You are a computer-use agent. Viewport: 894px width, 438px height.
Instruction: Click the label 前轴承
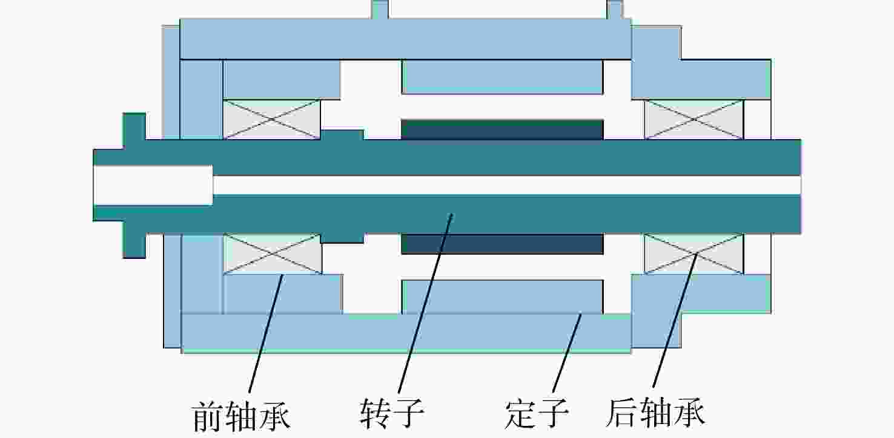[x=242, y=416]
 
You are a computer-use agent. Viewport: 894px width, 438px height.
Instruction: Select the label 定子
[x=536, y=414]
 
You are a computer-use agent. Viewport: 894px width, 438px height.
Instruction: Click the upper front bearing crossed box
[x=272, y=119]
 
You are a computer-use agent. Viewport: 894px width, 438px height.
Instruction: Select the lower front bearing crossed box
[x=273, y=254]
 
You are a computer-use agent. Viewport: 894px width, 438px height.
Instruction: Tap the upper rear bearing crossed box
[x=694, y=119]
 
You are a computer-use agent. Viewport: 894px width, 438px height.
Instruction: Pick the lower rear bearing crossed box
[x=694, y=254]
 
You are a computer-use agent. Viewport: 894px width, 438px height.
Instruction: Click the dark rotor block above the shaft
[x=502, y=130]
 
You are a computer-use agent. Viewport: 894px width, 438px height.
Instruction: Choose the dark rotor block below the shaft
[x=502, y=244]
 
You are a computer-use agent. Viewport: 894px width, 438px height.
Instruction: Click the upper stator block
[x=502, y=77]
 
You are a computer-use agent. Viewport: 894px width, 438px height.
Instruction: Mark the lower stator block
[x=502, y=297]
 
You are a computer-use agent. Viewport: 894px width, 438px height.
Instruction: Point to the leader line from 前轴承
[x=267, y=333]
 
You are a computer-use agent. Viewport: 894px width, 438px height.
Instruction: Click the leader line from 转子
[x=425, y=303]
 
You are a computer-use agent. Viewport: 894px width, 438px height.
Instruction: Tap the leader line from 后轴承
[x=675, y=320]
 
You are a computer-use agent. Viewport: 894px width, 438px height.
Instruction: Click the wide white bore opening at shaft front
[x=153, y=185]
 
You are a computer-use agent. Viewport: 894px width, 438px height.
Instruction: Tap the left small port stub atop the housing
[x=380, y=10]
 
